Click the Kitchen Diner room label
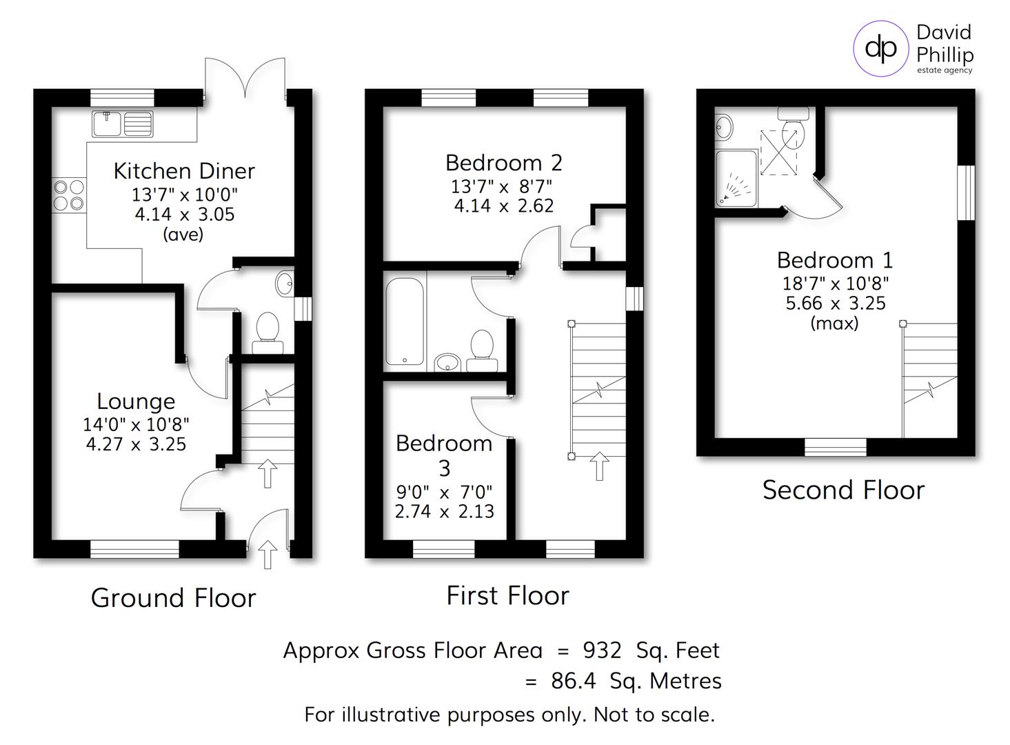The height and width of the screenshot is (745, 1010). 184,170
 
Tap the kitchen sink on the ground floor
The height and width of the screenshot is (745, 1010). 123,124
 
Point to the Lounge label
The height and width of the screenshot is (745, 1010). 136,401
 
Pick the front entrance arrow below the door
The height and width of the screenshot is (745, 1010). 267,554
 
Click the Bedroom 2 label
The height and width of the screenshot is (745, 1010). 503,163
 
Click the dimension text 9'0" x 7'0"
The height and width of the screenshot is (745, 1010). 444,492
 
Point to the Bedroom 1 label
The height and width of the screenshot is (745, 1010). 834,260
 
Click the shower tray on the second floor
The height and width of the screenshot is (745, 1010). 736,178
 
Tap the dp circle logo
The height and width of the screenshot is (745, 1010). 880,48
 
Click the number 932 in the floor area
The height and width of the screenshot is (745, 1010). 602,650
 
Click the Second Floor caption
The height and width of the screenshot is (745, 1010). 842,490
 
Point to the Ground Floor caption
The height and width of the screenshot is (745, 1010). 173,597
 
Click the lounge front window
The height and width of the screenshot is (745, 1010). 134,549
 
